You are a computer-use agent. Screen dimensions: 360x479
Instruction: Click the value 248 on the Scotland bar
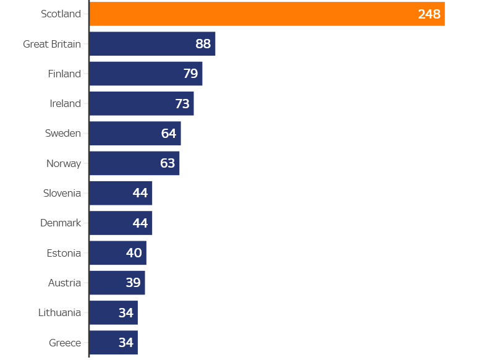pyautogui.click(x=429, y=14)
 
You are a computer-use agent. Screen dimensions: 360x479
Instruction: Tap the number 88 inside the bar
pyautogui.click(x=203, y=44)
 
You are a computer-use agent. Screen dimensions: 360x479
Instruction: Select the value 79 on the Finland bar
pyautogui.click(x=190, y=74)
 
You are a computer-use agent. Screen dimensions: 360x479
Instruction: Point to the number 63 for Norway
pyautogui.click(x=167, y=163)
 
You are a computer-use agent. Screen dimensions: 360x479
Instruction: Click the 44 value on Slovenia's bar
pyautogui.click(x=140, y=193)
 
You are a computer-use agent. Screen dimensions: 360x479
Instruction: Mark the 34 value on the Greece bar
pyautogui.click(x=126, y=343)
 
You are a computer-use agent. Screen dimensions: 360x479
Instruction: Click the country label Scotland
pyautogui.click(x=61, y=14)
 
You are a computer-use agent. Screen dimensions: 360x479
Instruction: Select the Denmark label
pyautogui.click(x=61, y=223)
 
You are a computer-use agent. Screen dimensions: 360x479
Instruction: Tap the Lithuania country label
pyautogui.click(x=59, y=312)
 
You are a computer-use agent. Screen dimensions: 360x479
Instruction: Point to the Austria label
pyautogui.click(x=64, y=283)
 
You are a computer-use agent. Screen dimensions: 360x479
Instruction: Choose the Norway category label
pyautogui.click(x=64, y=163)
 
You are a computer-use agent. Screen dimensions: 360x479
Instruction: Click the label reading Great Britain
pyautogui.click(x=52, y=44)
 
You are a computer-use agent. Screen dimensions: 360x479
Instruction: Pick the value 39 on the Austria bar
pyautogui.click(x=133, y=283)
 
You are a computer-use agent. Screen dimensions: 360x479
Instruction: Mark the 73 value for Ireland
pyautogui.click(x=182, y=103)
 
